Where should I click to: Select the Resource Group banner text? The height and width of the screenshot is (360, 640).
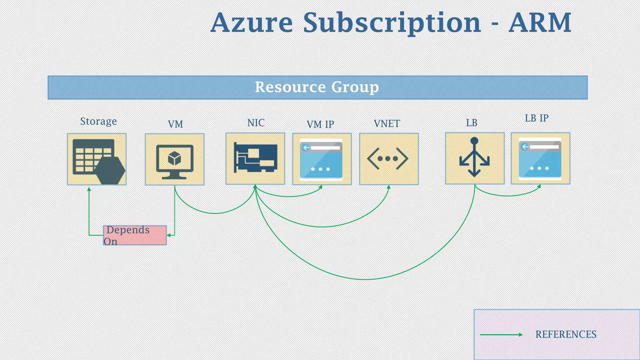click(317, 87)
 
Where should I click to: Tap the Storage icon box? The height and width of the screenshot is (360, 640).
click(97, 159)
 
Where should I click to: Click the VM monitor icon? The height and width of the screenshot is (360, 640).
click(175, 161)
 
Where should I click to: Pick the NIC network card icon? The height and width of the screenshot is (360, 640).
click(256, 158)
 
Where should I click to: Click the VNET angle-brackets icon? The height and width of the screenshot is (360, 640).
click(387, 159)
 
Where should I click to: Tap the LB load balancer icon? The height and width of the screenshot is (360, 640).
click(474, 158)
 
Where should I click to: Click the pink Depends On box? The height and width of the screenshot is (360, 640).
click(135, 235)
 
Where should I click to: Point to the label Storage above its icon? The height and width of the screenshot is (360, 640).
click(98, 121)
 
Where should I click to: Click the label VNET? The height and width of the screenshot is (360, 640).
click(387, 124)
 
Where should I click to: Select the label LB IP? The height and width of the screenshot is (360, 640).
click(537, 118)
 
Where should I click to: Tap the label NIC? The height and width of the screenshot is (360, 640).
click(256, 123)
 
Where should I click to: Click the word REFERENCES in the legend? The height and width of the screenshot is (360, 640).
click(566, 334)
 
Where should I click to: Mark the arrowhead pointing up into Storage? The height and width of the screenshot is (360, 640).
click(89, 189)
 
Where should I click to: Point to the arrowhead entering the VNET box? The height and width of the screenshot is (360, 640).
click(389, 187)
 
